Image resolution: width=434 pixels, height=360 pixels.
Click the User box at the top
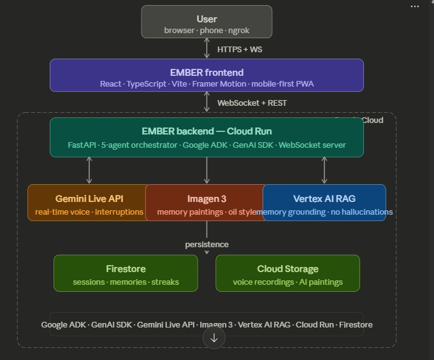(206, 22)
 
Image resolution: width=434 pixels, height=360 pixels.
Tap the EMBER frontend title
(206, 73)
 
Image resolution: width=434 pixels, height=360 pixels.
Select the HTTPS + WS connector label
(240, 49)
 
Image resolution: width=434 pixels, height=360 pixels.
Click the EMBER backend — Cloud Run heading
(206, 131)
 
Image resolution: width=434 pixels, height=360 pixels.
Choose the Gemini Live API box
(88, 203)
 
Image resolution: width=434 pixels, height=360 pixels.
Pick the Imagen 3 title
(206, 199)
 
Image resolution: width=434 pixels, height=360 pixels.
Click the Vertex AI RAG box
(324, 203)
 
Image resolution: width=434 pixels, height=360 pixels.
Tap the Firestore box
(126, 274)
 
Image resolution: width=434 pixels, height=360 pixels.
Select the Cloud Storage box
(287, 274)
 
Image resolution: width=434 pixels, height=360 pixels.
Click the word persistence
(206, 245)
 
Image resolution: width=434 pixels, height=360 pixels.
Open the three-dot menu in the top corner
(415, 6)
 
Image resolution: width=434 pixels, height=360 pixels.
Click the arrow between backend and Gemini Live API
(89, 170)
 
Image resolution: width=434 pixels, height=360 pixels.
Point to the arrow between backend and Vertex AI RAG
(324, 170)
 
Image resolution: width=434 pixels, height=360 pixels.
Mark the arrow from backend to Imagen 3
(206, 170)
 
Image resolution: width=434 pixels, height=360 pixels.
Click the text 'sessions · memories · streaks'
(126, 282)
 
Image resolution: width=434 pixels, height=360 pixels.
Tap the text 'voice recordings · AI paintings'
(287, 282)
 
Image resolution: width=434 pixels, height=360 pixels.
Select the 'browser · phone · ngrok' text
(206, 31)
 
